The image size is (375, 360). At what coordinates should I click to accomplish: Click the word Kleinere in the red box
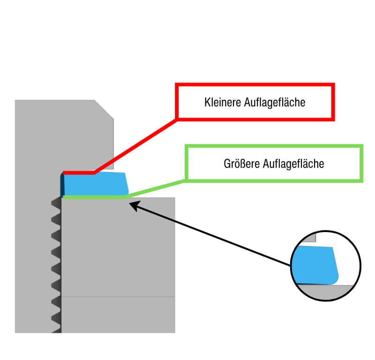pyautogui.click(x=223, y=102)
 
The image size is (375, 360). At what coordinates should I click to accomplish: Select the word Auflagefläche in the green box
pyautogui.click(x=294, y=164)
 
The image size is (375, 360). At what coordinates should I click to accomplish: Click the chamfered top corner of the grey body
pyautogui.click(x=104, y=109)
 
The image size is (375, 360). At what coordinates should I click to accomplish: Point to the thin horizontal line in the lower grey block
pyautogui.click(x=117, y=296)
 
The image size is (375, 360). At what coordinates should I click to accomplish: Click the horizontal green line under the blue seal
pyautogui.click(x=94, y=197)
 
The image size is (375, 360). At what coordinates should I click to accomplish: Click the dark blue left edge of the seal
pyautogui.click(x=62, y=185)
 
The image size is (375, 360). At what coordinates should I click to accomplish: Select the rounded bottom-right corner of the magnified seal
pyautogui.click(x=333, y=279)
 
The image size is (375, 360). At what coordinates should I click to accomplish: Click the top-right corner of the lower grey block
pyautogui.click(x=174, y=198)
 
